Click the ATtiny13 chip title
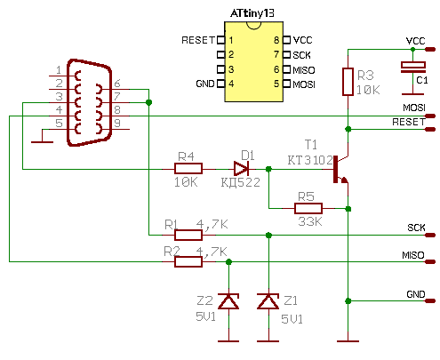point(252,13)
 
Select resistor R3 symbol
point(348,82)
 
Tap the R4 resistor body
point(188,169)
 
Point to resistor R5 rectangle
point(308,209)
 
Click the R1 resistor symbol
point(188,235)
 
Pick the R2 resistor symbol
point(188,261)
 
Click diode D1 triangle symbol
point(241,169)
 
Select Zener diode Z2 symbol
point(228,301)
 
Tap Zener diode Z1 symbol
point(268,301)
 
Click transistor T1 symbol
point(340,170)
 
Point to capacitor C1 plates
point(413,68)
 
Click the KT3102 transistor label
point(310,160)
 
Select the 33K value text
point(310,221)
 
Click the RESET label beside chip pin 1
point(198,40)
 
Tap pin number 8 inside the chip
point(276,40)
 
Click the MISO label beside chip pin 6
point(304,70)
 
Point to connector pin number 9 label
point(117,123)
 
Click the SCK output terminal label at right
point(416,228)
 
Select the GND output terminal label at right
point(416,294)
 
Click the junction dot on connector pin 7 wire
point(148,102)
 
